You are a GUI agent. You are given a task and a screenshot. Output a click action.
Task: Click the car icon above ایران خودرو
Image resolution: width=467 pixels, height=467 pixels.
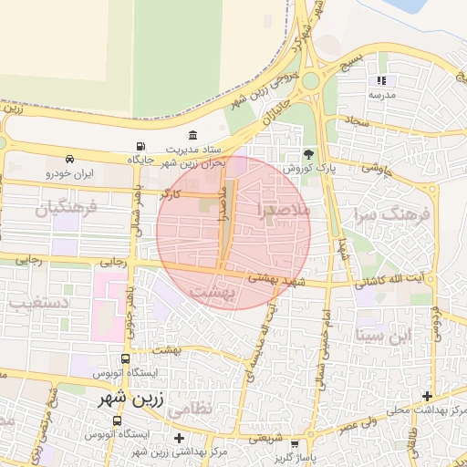tap(69, 158)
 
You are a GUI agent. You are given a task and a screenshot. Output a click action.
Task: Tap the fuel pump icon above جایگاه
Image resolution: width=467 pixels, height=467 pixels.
tap(140, 146)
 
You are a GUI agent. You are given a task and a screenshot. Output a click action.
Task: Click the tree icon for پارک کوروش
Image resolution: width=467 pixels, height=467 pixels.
tap(308, 154)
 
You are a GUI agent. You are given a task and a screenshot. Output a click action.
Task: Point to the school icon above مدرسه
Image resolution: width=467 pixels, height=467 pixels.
tap(381, 81)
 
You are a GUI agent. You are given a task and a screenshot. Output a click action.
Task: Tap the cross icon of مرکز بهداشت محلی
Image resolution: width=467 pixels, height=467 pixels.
tap(427, 396)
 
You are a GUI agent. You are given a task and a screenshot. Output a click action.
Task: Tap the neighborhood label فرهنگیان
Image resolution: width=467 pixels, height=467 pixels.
tap(66, 209)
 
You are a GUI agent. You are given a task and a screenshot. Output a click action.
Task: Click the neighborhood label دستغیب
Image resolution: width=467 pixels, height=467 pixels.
tap(36, 299)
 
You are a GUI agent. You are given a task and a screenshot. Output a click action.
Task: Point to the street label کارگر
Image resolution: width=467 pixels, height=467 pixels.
tap(171, 194)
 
